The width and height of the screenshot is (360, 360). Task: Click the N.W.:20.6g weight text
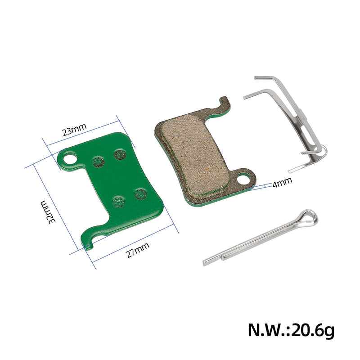point(291,331)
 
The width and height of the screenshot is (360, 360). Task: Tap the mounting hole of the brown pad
point(243,179)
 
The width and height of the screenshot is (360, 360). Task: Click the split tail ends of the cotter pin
point(211,261)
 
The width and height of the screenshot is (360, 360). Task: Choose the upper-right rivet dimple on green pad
point(120,154)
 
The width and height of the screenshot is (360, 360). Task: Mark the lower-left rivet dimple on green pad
point(118,202)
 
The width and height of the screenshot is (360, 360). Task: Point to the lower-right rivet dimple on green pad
point(141,194)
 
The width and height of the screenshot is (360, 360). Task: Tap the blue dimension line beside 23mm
point(81,138)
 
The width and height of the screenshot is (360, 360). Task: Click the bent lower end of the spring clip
point(310,155)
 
